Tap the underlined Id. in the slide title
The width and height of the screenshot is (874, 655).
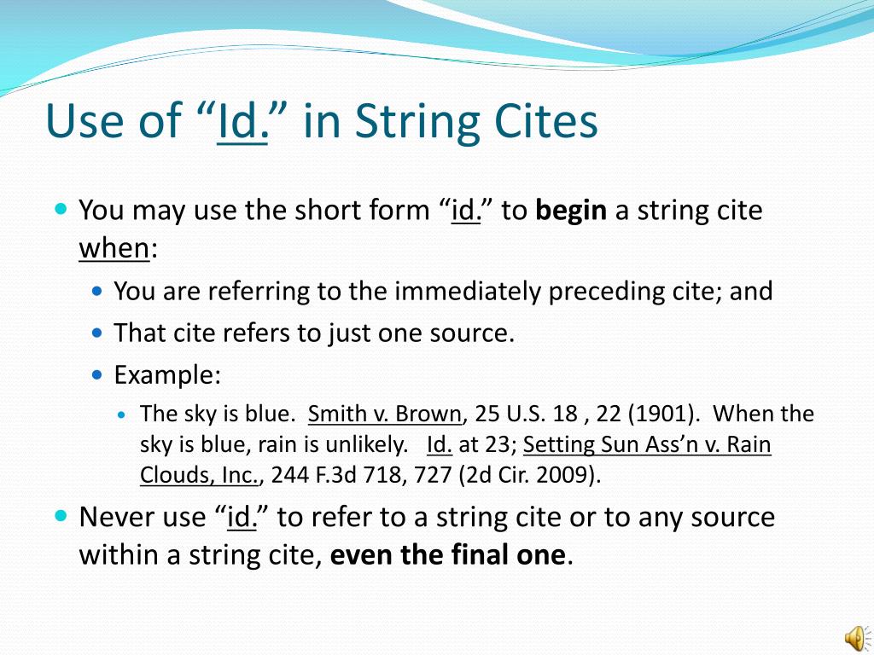[243, 121]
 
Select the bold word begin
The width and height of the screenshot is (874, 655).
[571, 210]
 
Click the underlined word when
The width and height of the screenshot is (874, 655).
[114, 248]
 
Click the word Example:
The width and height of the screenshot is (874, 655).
[167, 374]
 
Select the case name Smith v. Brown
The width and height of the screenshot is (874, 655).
[384, 414]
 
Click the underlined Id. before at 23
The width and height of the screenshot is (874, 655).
[439, 445]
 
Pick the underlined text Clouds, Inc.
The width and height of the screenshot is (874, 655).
[199, 476]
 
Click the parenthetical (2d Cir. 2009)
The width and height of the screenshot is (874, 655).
[529, 476]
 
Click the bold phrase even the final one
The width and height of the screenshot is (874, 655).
[447, 555]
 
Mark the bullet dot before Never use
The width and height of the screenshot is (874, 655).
[61, 515]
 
